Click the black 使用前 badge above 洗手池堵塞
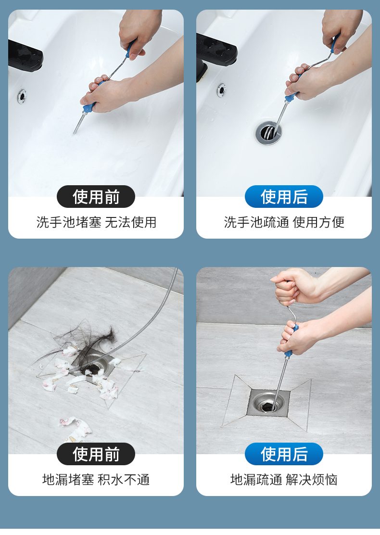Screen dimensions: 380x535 pos(96,196)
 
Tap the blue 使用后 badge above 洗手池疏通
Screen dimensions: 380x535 pos(284,196)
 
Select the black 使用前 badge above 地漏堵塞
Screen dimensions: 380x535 pos(96,454)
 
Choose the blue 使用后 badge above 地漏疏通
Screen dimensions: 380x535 pos(284,454)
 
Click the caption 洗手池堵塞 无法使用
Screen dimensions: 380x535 pos(96,222)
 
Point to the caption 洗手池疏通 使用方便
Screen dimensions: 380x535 pos(284,222)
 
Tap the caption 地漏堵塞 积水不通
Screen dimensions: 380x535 pos(96,479)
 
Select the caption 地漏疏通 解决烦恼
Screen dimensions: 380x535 pos(284,479)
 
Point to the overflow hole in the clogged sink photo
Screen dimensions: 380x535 pos(22,96)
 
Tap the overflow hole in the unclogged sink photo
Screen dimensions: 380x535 pos(221,90)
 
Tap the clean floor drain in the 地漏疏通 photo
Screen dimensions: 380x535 pos(268,403)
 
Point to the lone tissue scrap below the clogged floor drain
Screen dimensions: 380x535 pos(75,429)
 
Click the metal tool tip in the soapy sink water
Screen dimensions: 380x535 pos(75,132)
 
